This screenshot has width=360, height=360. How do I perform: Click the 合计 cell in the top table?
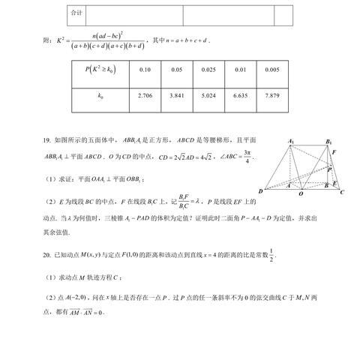pos(76,14)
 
